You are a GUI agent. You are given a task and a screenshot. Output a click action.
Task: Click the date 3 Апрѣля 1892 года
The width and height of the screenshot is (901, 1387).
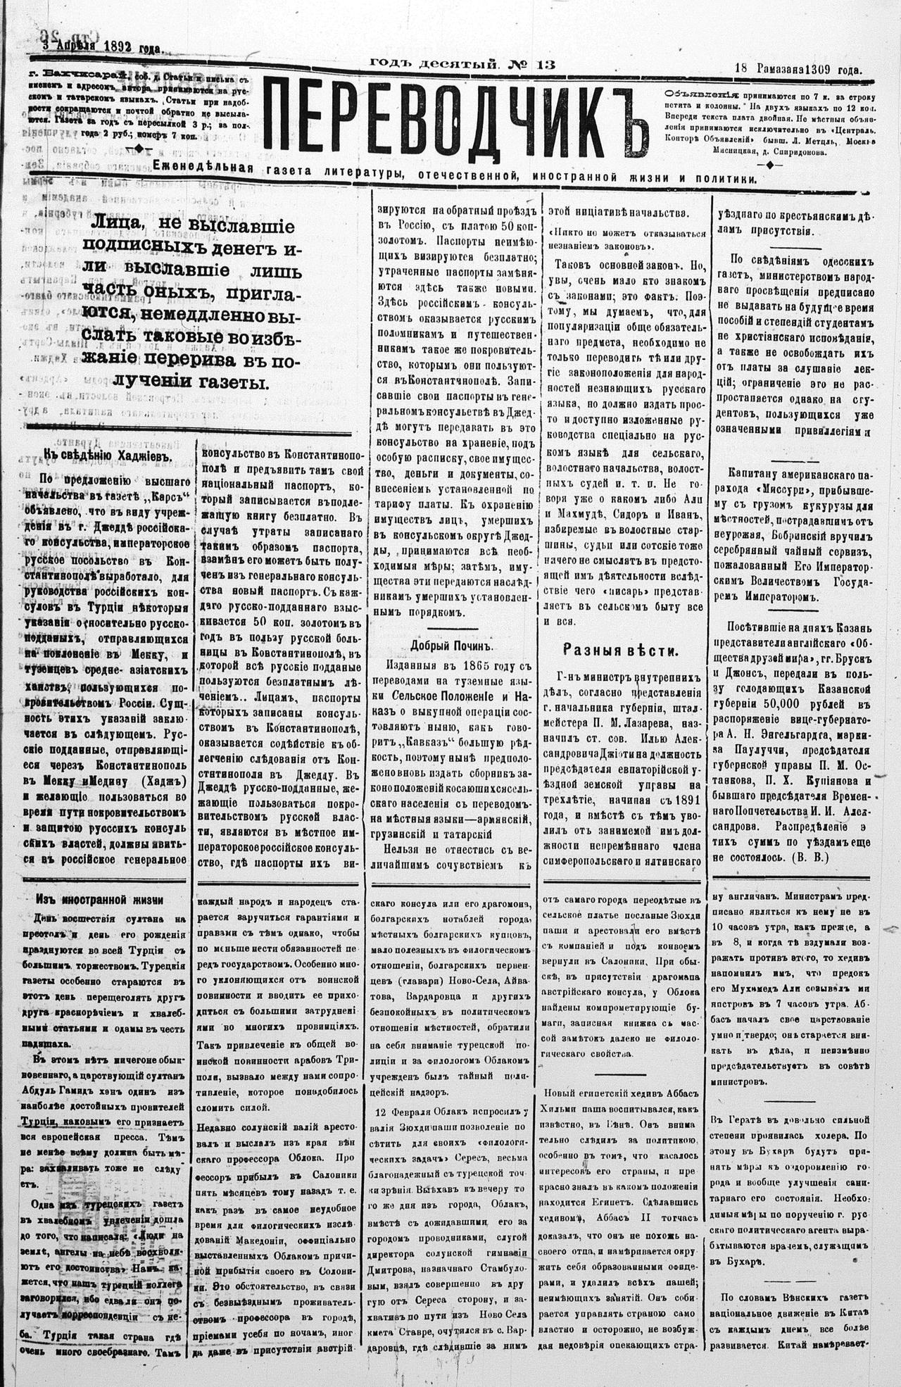pyautogui.click(x=102, y=47)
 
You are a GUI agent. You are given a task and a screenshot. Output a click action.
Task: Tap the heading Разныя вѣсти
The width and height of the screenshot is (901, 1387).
pyautogui.click(x=620, y=650)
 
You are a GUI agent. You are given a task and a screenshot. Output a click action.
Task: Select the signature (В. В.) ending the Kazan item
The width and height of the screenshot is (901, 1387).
pyautogui.click(x=810, y=858)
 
